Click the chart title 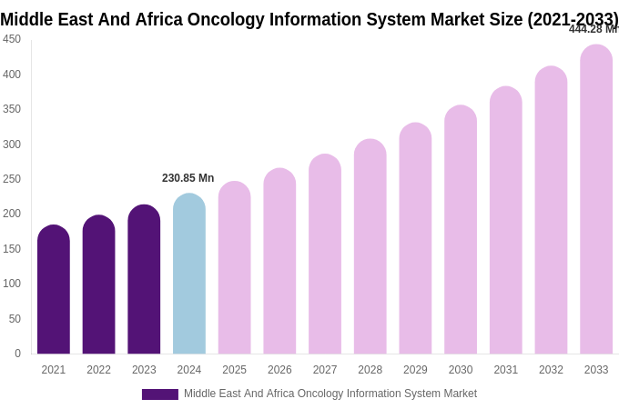309,19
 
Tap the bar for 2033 596,199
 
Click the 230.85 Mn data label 188,178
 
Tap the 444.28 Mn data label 593,29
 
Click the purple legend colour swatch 160,394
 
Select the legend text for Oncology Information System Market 330,394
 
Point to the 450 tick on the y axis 12,39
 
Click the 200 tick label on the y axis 12,214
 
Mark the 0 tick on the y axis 17,354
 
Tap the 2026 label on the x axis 279,370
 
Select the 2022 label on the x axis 98,370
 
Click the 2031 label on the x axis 506,370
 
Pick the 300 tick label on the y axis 12,145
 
